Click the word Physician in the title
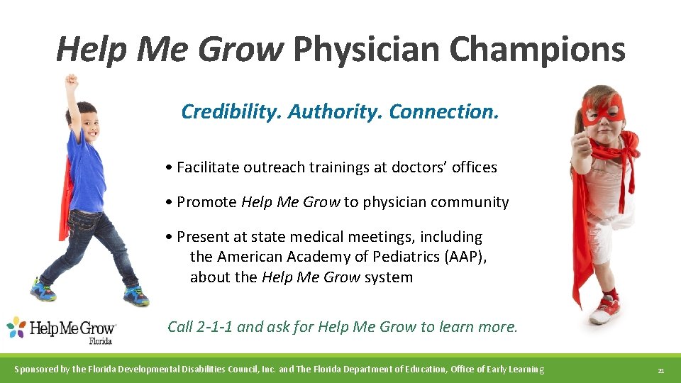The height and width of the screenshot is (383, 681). [x=366, y=50]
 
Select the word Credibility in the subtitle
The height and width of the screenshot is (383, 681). [x=231, y=112]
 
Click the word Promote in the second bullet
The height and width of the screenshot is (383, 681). [x=206, y=202]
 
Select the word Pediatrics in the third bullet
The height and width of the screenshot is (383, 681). [x=402, y=257]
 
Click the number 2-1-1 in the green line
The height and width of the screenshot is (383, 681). [x=213, y=327]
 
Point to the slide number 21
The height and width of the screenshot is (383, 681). [x=660, y=370]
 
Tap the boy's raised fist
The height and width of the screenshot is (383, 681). [x=71, y=81]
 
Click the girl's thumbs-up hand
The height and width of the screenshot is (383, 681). [x=580, y=145]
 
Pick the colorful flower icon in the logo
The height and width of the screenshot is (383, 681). [x=16, y=327]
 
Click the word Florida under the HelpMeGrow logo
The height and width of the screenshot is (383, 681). [x=101, y=340]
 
